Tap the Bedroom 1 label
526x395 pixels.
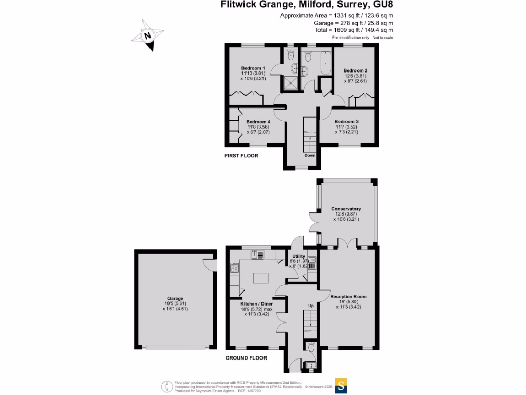coord(253,68)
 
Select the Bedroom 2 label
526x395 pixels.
coord(355,70)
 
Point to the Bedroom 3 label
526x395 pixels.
coord(346,121)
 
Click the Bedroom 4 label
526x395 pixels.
coord(257,122)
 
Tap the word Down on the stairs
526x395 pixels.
coord(310,155)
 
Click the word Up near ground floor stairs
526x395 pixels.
coord(311,306)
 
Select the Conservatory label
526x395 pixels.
coord(346,209)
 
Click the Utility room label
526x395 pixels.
coord(298,256)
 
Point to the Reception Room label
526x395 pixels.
coord(348,297)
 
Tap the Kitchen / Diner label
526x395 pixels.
coord(257,304)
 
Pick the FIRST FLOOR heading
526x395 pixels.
coord(241,155)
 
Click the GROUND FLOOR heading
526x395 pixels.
coord(246,358)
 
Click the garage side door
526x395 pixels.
coord(208,263)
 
